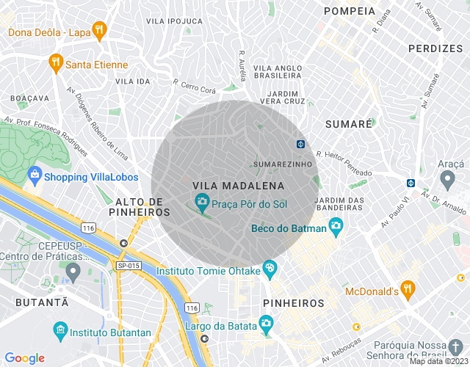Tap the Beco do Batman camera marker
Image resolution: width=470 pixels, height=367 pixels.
tap(336, 225)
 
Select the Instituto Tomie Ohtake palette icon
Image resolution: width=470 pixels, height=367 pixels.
tap(270, 269)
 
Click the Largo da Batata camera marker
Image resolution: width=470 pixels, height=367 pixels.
tap(266, 323)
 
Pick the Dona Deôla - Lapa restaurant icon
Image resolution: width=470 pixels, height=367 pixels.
tap(99, 30)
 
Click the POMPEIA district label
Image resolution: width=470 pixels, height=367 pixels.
tap(349, 12)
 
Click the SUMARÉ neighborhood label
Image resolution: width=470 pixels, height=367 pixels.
tap(348, 124)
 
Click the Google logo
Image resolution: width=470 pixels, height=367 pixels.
tap(25, 357)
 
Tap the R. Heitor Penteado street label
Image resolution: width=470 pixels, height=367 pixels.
tap(344, 163)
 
